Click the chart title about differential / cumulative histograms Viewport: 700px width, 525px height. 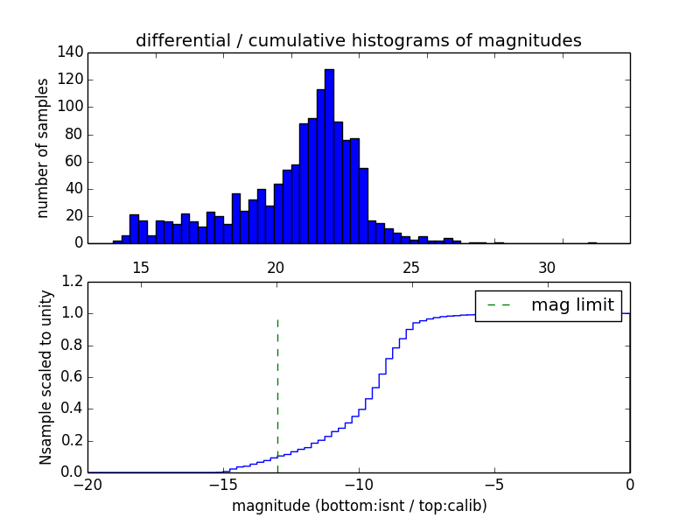click(x=358, y=40)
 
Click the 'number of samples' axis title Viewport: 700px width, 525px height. click(x=43, y=148)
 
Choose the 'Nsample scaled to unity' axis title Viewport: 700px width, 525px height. click(x=45, y=377)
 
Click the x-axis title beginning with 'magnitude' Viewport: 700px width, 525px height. click(x=359, y=506)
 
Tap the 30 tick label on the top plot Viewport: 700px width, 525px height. click(x=547, y=268)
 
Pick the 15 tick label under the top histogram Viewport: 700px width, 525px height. click(x=140, y=268)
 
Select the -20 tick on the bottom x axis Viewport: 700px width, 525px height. click(x=87, y=484)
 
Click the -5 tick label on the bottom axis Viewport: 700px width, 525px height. click(x=493, y=484)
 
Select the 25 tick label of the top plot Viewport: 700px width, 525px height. click(x=411, y=268)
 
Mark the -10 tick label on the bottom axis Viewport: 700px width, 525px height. click(x=358, y=484)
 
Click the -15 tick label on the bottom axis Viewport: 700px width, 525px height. click(x=222, y=484)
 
